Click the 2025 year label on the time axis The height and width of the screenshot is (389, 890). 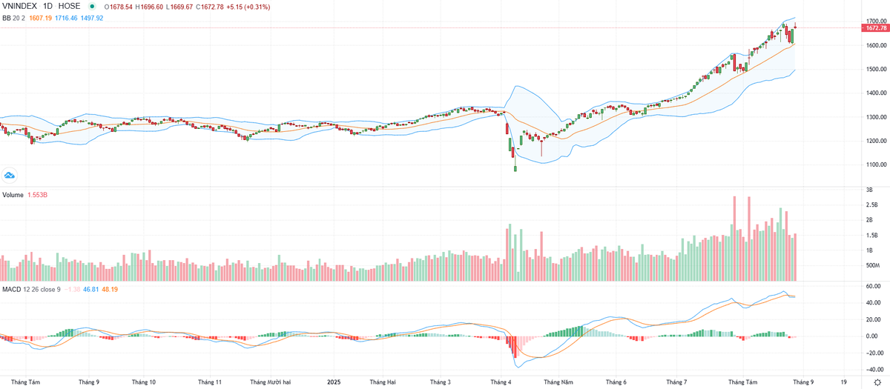[x=334, y=382]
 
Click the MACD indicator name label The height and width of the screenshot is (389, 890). [x=11, y=288]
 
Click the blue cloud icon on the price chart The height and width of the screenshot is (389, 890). [x=10, y=175]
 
